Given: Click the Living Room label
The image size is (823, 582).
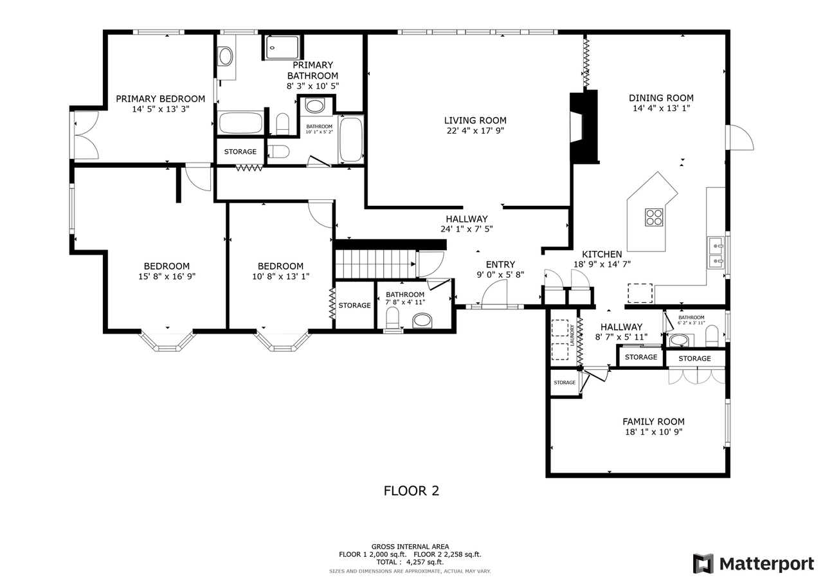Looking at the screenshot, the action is [x=475, y=120].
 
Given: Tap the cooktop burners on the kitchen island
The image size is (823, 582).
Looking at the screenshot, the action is [x=654, y=217].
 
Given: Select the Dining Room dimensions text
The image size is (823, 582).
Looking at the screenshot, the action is [x=661, y=109].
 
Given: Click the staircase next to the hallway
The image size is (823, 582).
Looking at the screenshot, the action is [x=375, y=264].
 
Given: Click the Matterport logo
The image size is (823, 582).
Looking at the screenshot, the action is [x=753, y=563].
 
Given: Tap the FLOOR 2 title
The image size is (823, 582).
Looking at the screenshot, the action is [x=411, y=491].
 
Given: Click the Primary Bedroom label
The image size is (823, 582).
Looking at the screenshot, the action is [x=160, y=98].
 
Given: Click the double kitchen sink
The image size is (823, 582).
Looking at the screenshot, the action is [x=715, y=253].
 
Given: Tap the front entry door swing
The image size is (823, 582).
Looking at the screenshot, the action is [x=494, y=295].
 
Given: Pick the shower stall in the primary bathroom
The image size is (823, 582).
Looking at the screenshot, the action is [x=282, y=48].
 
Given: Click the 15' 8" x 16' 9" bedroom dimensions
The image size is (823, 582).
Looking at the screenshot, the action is [x=167, y=277].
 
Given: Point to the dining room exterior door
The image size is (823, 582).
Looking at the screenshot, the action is [x=739, y=138].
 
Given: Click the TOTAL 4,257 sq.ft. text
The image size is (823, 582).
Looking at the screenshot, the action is [x=410, y=561].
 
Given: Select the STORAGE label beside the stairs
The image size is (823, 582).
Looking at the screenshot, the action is [x=354, y=305].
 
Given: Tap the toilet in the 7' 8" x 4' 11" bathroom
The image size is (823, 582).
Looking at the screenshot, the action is [x=392, y=318].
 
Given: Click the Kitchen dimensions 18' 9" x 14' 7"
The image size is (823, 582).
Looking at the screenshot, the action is [x=602, y=264].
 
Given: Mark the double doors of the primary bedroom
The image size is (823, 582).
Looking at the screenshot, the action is [x=86, y=135].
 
